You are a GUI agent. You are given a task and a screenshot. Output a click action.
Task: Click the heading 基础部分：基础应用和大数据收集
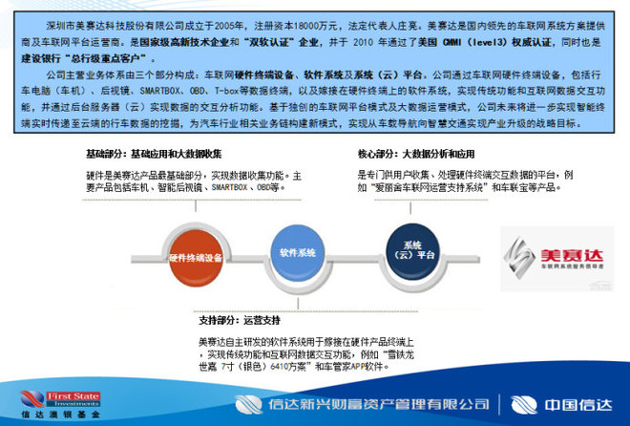[153, 153]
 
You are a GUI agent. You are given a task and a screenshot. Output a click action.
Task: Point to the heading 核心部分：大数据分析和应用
[417, 153]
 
